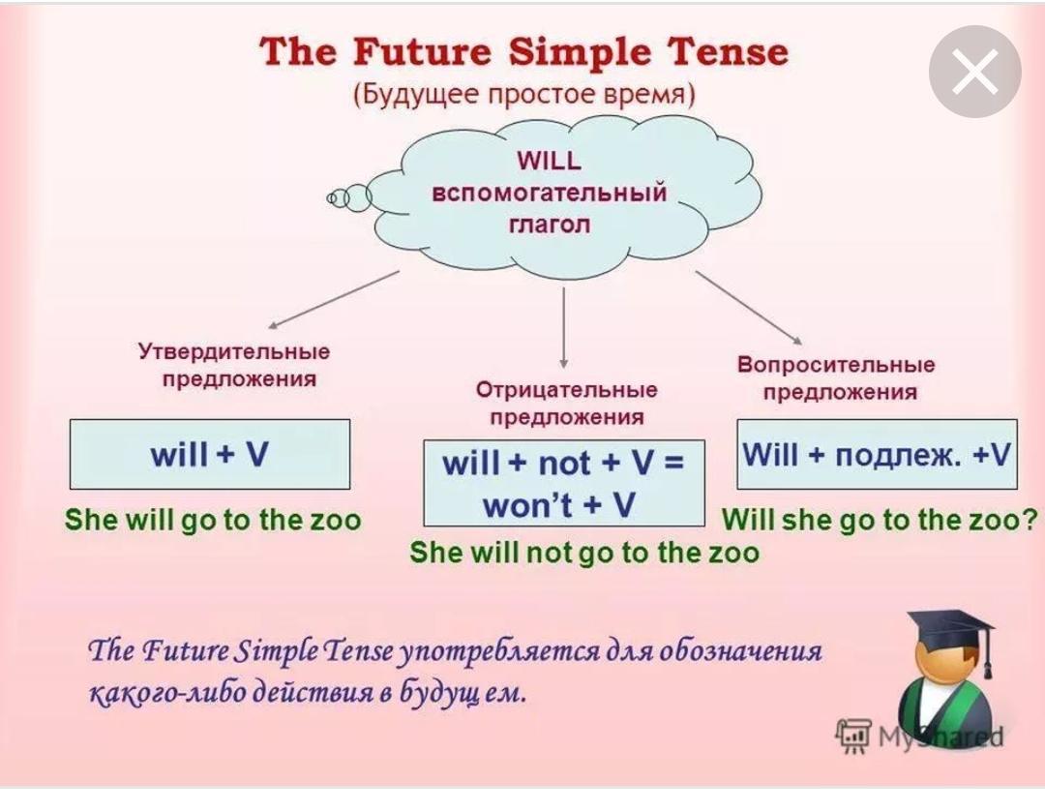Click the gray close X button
click(x=975, y=72)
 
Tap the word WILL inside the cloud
click(x=550, y=161)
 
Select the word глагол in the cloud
click(x=550, y=224)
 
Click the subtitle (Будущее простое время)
click(x=523, y=95)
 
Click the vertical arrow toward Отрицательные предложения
click(x=564, y=328)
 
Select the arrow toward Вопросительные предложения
click(x=748, y=308)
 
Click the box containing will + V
click(x=210, y=455)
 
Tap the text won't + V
click(x=558, y=504)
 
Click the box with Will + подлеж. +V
click(x=877, y=455)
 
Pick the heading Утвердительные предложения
click(x=234, y=365)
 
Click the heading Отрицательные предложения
click(x=566, y=404)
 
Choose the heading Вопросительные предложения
click(x=836, y=378)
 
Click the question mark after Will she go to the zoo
click(x=1030, y=520)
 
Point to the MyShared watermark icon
click(x=853, y=736)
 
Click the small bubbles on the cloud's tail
click(x=348, y=197)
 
